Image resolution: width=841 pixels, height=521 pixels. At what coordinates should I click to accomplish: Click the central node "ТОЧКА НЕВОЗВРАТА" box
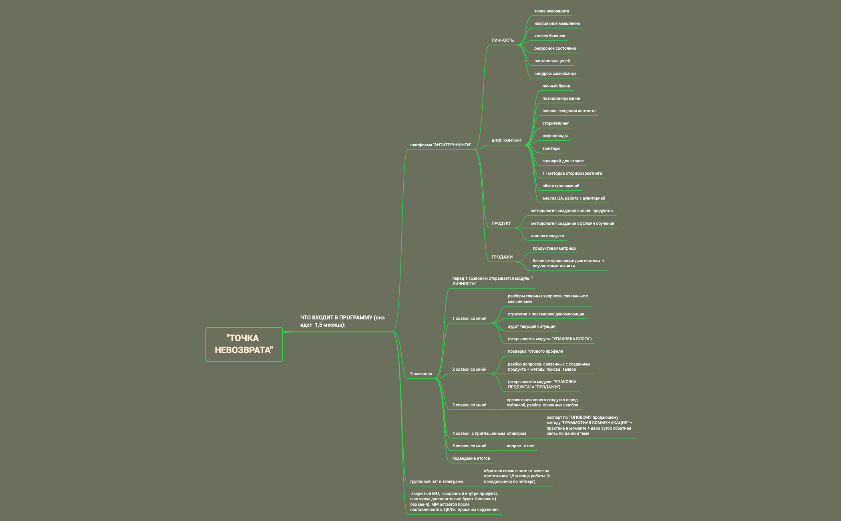pyautogui.click(x=244, y=344)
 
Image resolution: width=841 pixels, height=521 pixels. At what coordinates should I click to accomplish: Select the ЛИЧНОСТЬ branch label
pyautogui.click(x=503, y=40)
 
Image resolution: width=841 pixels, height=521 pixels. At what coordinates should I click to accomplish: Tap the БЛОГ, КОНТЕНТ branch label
pyautogui.click(x=507, y=140)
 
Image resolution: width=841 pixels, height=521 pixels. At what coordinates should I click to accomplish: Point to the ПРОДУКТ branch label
pyautogui.click(x=501, y=223)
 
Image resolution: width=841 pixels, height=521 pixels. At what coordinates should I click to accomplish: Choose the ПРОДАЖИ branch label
pyautogui.click(x=502, y=257)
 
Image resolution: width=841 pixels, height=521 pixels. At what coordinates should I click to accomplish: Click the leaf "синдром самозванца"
pyautogui.click(x=555, y=73)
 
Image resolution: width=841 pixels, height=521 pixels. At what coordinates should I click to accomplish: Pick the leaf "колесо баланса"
pyautogui.click(x=549, y=36)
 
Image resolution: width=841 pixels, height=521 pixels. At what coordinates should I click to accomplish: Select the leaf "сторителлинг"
pyautogui.click(x=555, y=123)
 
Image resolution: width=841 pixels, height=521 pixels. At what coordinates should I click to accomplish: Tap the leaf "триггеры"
pyautogui.click(x=551, y=148)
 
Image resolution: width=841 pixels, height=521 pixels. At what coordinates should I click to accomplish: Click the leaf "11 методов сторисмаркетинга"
pyautogui.click(x=572, y=173)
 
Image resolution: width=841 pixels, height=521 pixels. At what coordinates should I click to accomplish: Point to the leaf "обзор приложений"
pyautogui.click(x=561, y=186)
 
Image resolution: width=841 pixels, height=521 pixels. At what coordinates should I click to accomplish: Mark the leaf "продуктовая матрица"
pyautogui.click(x=554, y=248)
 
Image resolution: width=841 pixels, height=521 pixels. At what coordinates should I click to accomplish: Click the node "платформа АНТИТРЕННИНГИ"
pyautogui.click(x=441, y=145)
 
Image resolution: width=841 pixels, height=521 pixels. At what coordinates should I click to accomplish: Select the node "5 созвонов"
pyautogui.click(x=421, y=374)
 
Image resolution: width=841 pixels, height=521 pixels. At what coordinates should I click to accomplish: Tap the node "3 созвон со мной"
pyautogui.click(x=469, y=405)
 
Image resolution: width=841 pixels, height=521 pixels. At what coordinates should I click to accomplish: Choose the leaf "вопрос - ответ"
pyautogui.click(x=521, y=446)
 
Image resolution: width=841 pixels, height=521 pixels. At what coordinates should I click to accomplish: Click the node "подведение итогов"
pyautogui.click(x=471, y=458)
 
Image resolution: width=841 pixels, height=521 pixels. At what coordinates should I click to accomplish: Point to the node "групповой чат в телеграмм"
pyautogui.click(x=437, y=481)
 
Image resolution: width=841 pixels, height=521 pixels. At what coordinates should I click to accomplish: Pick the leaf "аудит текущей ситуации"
pyautogui.click(x=531, y=326)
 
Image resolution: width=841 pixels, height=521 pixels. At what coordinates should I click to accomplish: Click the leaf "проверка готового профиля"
pyautogui.click(x=535, y=351)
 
